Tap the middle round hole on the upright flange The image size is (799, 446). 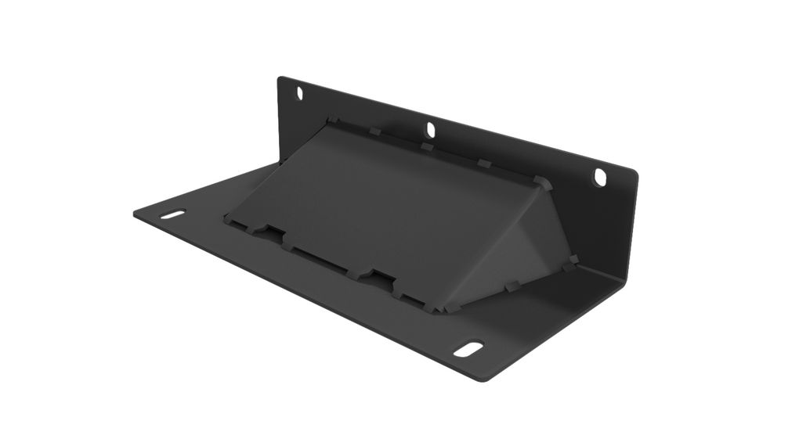pos(430,129)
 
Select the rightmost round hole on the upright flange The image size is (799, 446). pos(600,178)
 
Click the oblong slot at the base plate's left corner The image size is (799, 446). pos(174,214)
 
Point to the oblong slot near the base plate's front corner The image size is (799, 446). pos(468,348)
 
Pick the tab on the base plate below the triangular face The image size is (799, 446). pos(513,287)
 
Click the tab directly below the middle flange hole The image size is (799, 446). pos(427,146)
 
